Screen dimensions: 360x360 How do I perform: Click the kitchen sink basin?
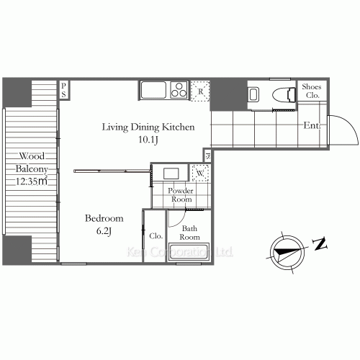point(153,90)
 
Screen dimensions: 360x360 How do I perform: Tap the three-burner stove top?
point(179,90)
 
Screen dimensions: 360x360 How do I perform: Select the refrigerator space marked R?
point(200,91)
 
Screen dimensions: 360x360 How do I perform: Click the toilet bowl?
point(284,94)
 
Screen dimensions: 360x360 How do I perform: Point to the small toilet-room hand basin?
point(253,94)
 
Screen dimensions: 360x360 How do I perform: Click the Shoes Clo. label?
point(312,91)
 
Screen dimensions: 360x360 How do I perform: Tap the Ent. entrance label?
point(312,125)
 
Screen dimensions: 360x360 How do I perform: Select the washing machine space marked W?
point(200,173)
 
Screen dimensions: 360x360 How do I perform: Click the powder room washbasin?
point(171,174)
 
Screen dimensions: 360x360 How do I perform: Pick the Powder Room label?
point(181,195)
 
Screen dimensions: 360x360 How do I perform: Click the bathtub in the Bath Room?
point(189,251)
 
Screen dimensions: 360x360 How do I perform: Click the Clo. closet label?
point(156,236)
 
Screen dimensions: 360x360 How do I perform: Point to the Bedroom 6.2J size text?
point(104,231)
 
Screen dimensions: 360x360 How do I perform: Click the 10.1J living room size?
point(148,140)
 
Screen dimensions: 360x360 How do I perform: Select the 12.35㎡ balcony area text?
point(32,181)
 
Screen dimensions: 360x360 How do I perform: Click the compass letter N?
point(320,244)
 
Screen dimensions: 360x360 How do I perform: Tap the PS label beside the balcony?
point(63,90)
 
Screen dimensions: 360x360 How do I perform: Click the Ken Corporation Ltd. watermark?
point(180,252)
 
